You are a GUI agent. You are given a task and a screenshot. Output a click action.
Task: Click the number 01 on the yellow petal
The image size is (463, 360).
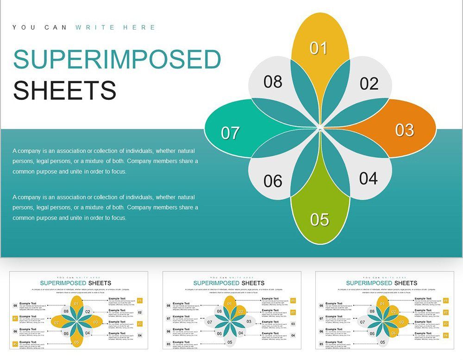pos(319,48)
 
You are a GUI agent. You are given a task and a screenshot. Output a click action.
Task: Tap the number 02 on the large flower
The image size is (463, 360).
pos(369,84)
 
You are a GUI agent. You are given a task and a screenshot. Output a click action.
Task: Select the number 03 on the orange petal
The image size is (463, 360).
pos(405,130)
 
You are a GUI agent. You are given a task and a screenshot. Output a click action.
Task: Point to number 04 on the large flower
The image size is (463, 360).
pos(369,178)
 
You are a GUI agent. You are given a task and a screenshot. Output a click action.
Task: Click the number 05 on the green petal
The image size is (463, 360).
pos(319,219)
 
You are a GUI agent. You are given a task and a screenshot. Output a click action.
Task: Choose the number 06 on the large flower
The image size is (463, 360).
pos(273,181)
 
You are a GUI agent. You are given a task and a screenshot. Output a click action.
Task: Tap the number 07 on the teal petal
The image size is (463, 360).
pos(230,133)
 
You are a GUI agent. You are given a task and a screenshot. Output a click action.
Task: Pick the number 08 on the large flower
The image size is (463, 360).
pos(273,81)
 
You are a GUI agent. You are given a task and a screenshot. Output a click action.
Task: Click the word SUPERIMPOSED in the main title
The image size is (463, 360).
pos(117,60)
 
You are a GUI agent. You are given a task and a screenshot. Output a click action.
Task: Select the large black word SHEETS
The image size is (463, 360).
pos(64,90)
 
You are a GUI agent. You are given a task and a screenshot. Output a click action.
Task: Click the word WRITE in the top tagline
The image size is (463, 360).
pos(96,27)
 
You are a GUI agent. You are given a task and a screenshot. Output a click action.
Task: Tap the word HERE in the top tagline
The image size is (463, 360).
pos(139,27)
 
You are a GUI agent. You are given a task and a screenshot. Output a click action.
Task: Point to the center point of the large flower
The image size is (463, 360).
pos(320,128)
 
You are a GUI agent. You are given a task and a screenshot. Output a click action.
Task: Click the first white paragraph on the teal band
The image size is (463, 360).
pos(105,161)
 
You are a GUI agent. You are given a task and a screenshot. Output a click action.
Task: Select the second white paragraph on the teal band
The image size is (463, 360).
pos(105,207)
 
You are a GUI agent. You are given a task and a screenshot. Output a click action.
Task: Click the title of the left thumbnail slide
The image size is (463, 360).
pos(75,283)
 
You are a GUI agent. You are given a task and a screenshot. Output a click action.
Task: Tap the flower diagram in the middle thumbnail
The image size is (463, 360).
pos(230,322)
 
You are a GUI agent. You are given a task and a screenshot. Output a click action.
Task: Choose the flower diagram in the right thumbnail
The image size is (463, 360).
pos(382,322)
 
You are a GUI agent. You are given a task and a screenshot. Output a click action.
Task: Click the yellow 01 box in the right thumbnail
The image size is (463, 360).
pos(445,301)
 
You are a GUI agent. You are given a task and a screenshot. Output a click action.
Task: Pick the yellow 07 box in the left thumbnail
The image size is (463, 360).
pos(15,318)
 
